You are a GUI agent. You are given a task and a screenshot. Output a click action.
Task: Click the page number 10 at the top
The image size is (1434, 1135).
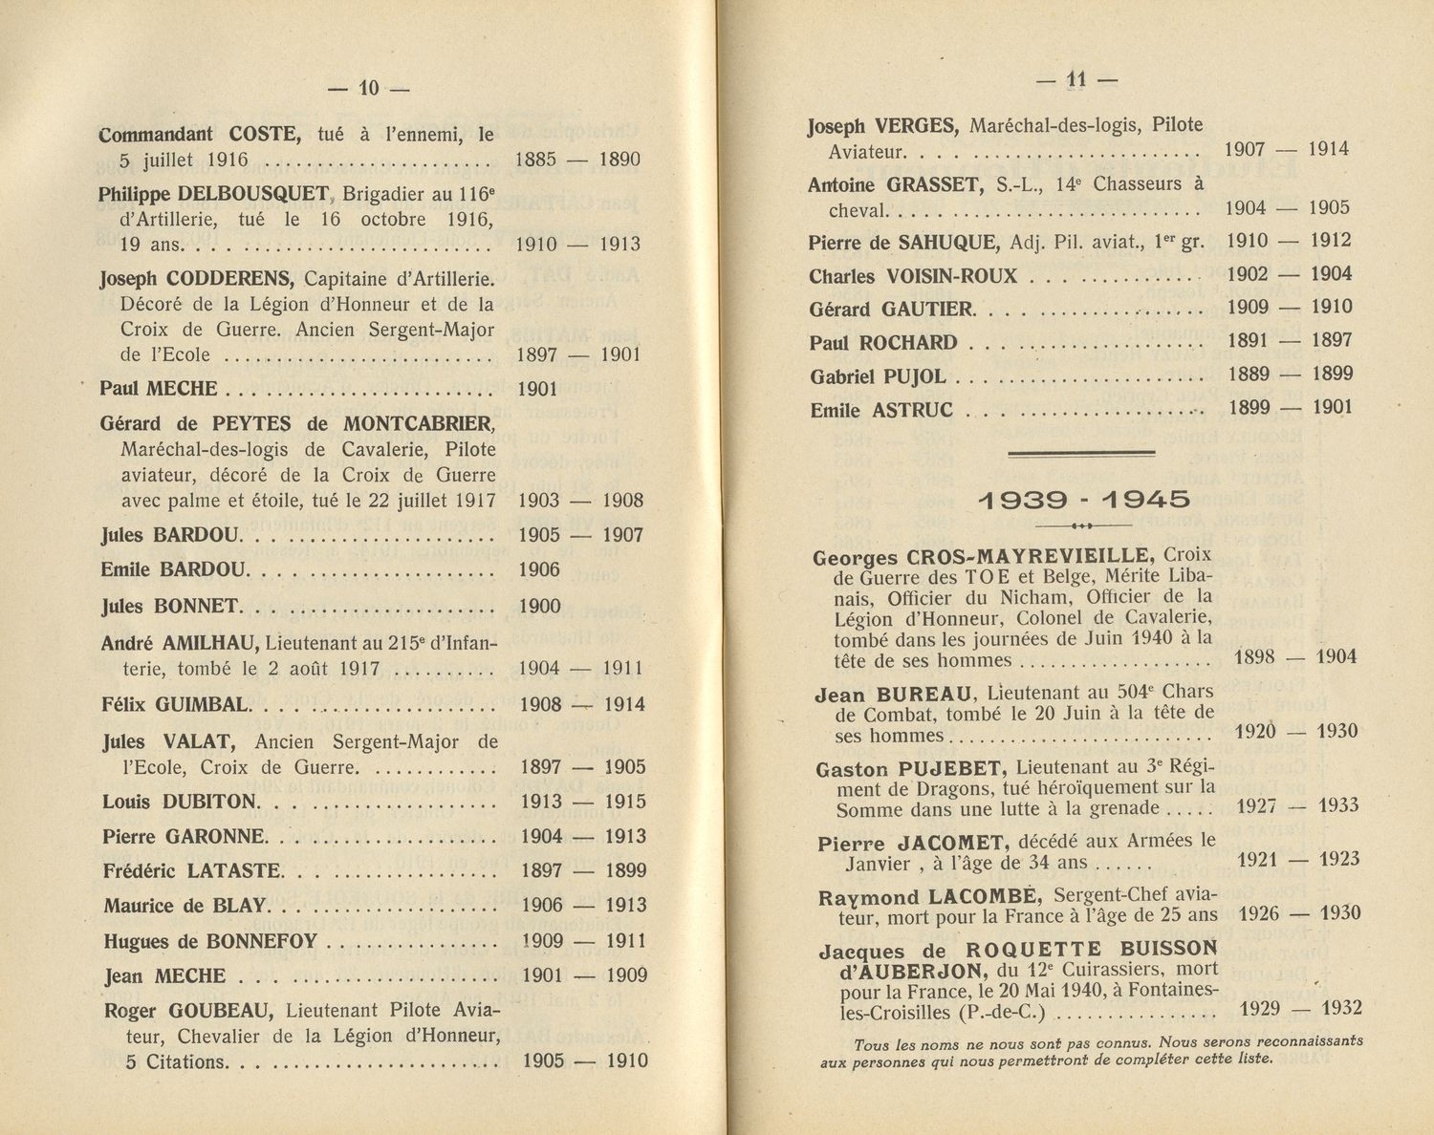coord(369,88)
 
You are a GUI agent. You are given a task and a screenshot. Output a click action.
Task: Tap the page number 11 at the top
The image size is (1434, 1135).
coord(1077,80)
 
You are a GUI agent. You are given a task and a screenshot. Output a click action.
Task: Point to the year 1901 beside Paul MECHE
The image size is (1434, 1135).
coord(537,389)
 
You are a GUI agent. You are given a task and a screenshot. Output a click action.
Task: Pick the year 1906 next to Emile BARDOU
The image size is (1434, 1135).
coord(539,569)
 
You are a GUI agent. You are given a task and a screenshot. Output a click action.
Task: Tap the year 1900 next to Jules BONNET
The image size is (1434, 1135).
coord(539,606)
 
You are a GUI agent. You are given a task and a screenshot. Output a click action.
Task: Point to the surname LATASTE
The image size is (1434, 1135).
coord(234,870)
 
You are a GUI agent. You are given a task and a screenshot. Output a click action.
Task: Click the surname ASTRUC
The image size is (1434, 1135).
coord(912,410)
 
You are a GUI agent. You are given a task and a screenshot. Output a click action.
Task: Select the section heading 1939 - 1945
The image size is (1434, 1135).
coord(1083,499)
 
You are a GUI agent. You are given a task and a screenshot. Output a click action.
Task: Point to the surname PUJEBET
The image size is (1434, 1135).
coord(945,768)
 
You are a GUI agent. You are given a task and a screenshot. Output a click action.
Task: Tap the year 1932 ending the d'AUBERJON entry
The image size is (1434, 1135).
coord(1341,1009)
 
